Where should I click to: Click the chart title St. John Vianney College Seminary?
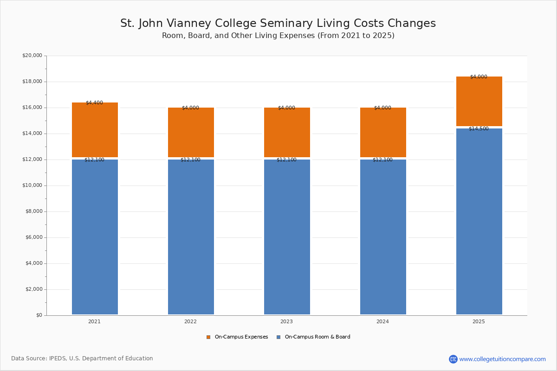(278, 23)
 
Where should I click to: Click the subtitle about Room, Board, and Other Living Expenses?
(278, 36)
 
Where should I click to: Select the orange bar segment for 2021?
(95, 130)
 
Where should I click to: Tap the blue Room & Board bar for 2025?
(479, 221)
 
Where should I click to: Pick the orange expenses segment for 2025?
(479, 101)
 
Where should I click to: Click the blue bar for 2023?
(287, 237)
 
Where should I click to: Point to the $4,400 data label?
(95, 102)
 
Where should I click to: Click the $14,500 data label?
(479, 129)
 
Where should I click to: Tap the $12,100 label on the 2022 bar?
(190, 160)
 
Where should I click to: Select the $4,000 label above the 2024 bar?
(382, 108)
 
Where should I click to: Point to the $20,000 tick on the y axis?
(32, 55)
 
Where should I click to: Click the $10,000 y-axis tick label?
(32, 185)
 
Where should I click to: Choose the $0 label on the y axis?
(39, 315)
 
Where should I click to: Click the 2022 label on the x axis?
(190, 321)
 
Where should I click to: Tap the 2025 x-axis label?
(479, 321)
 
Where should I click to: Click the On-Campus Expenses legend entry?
(237, 337)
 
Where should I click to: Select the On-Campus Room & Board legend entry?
(314, 337)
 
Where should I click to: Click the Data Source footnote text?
(82, 358)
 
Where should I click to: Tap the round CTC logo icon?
(453, 359)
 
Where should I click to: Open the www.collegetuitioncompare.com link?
(502, 359)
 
